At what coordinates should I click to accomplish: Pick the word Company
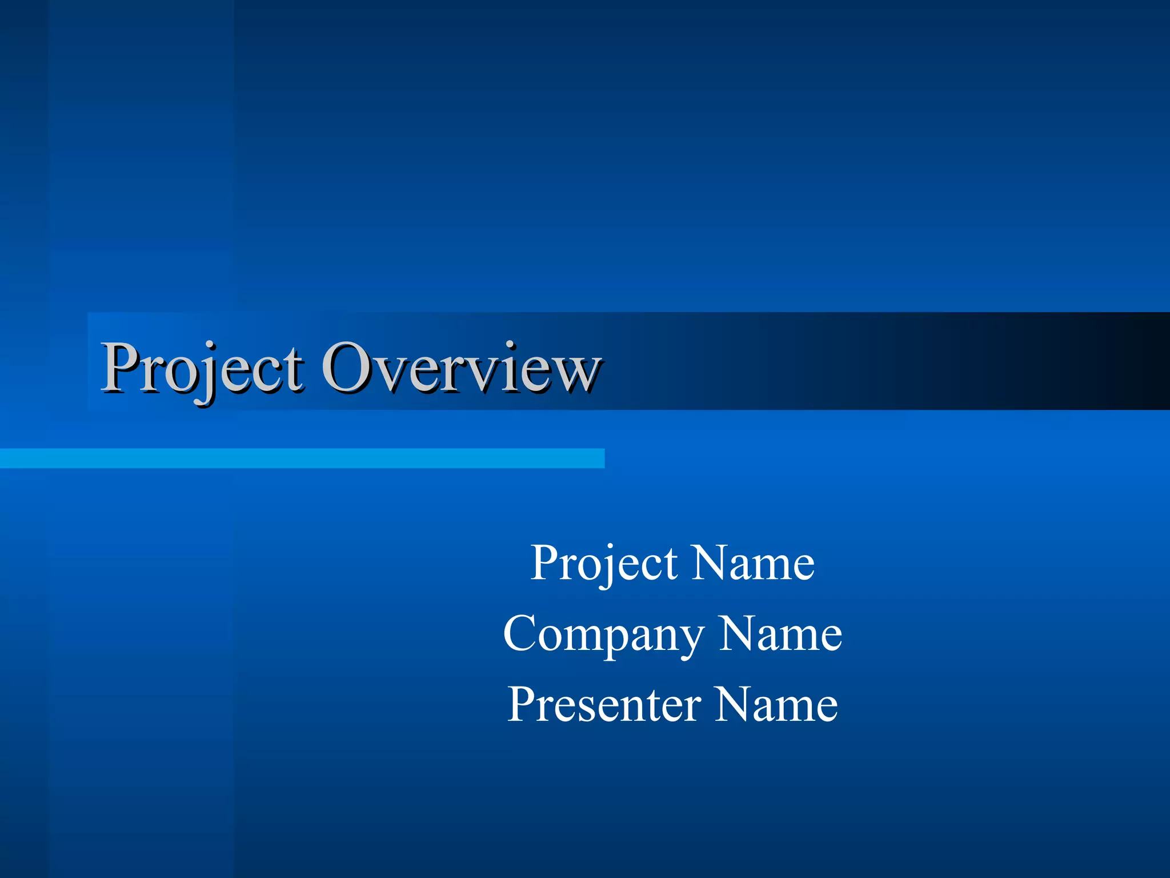603,634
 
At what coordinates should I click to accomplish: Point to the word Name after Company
780,634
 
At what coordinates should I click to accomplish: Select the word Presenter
604,705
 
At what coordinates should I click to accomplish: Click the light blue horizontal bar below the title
302,458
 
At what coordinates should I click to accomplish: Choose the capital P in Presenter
524,704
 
